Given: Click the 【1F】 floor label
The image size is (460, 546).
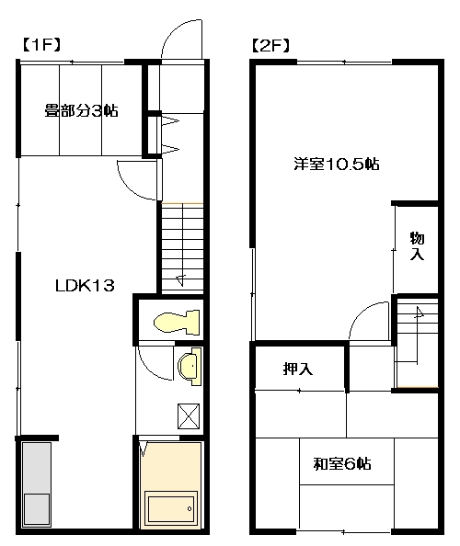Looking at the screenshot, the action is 41,45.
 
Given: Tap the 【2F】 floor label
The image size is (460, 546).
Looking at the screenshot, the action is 270,45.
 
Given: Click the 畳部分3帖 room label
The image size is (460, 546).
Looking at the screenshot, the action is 82,110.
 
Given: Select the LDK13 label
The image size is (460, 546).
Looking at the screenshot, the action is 85,286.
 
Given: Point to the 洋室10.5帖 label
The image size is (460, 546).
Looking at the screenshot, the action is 337,164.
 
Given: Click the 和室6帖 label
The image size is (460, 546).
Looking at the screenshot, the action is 342,464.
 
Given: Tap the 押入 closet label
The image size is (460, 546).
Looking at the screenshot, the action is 297,369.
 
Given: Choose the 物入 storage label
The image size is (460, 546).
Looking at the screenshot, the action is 417,245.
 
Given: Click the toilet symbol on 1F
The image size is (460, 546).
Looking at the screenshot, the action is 177,322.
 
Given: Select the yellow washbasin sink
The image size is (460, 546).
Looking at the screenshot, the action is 190,367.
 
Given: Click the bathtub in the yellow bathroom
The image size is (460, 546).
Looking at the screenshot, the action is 171,508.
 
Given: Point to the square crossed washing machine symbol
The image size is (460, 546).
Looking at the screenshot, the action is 189,416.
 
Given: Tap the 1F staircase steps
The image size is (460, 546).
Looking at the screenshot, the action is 182,247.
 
